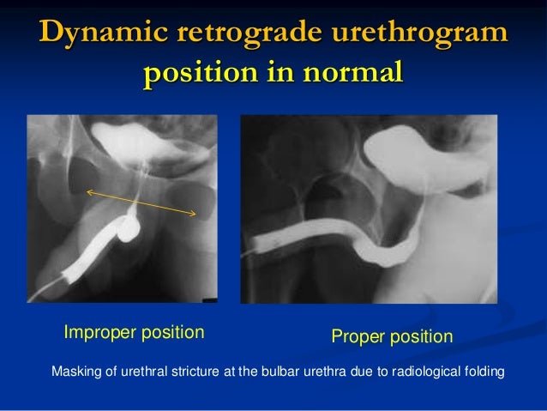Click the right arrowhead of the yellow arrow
click(x=195, y=213)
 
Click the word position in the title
click(x=199, y=74)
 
